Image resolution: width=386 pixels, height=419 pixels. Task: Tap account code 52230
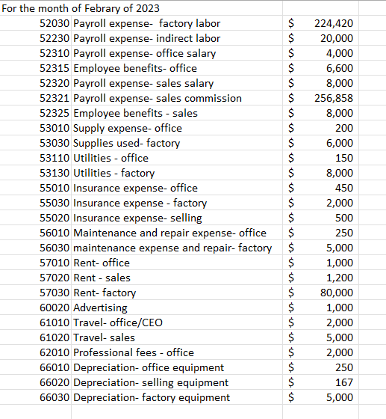coord(56,38)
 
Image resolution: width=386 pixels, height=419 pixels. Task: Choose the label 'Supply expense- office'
coord(128,128)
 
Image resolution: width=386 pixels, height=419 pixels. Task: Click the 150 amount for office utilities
coord(344,158)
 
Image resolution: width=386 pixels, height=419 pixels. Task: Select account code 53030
coord(56,143)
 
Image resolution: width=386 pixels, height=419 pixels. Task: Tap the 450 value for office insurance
coord(344,188)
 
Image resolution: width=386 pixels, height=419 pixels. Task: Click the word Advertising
coord(101,308)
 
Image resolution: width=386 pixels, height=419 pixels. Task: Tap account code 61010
coord(56,322)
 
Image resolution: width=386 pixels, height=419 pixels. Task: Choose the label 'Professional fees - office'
coord(134,352)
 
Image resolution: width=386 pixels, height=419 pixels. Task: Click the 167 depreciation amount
coord(344,382)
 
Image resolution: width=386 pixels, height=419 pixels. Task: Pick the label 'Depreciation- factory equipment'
coord(152,397)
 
